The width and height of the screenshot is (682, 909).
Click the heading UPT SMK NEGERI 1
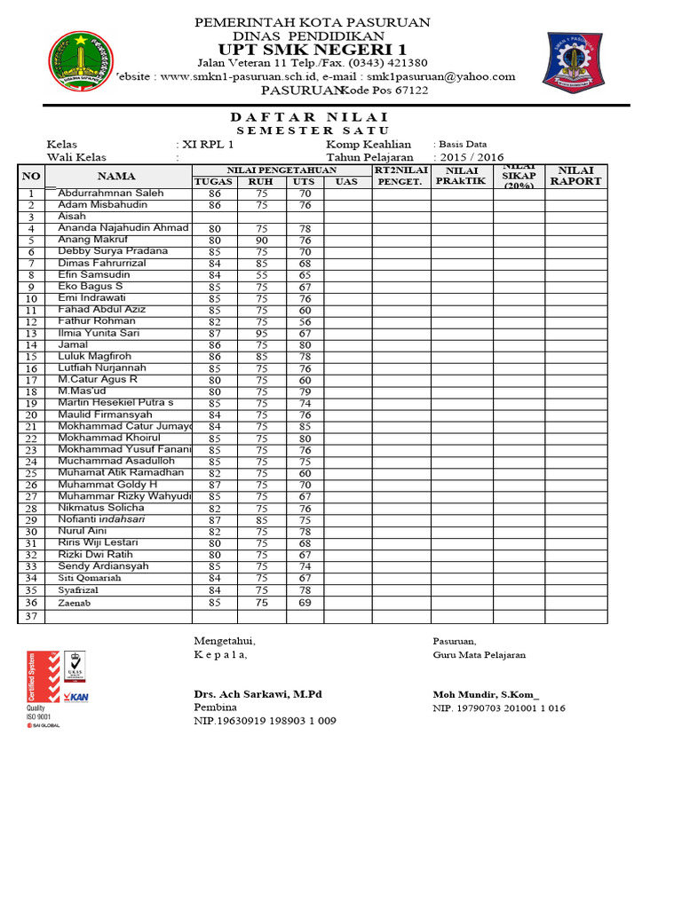(x=312, y=50)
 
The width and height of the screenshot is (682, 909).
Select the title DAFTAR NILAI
(x=309, y=117)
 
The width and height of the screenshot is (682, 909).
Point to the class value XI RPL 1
(x=209, y=144)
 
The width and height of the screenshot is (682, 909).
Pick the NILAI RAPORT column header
(x=575, y=175)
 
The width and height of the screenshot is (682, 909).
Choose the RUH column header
(x=261, y=181)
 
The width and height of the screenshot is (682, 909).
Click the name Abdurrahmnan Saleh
(x=111, y=193)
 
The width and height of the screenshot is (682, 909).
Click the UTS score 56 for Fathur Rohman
(x=305, y=321)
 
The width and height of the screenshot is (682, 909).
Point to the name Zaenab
(x=75, y=603)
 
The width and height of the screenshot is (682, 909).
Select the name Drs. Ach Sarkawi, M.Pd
(x=258, y=693)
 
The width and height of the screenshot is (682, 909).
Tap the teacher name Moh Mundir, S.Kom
(x=485, y=693)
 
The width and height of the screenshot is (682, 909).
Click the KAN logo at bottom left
(x=75, y=697)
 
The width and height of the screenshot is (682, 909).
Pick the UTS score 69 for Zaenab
(x=305, y=603)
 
